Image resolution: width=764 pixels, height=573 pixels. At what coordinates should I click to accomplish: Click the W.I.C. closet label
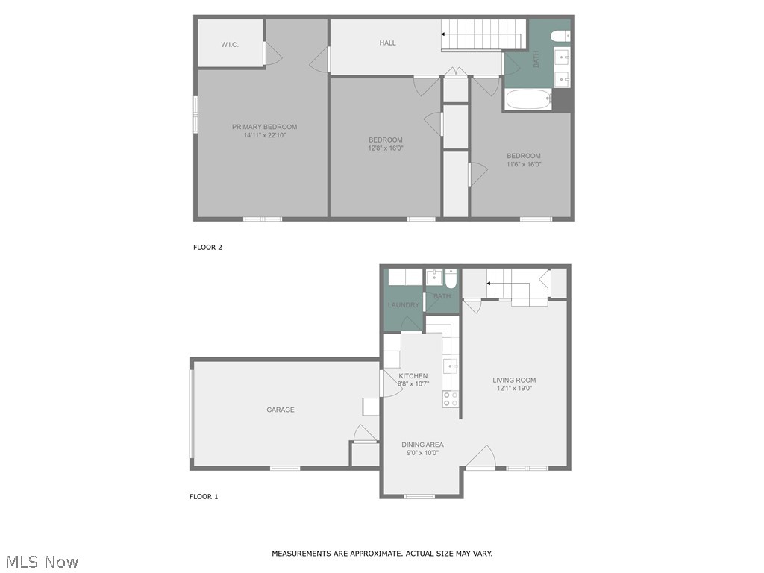pos(229,45)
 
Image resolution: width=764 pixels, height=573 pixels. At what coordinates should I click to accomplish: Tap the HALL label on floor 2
pos(387,43)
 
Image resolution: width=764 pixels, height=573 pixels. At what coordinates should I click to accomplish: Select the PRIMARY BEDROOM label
pos(264,127)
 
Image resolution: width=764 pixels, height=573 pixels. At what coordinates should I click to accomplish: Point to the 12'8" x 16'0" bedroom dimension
pos(385,148)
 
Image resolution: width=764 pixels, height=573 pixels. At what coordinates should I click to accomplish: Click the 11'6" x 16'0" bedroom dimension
pos(523,164)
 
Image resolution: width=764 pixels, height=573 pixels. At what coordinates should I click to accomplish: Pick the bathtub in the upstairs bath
pos(527,98)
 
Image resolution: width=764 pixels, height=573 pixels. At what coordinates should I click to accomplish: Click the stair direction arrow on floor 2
pos(445,34)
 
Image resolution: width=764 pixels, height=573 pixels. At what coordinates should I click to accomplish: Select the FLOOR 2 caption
pos(207,248)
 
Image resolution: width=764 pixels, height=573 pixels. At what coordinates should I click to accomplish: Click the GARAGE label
pos(281,410)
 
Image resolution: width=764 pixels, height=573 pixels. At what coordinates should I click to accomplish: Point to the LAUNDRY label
pos(403,305)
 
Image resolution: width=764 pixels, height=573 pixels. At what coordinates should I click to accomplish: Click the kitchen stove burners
pos(450,398)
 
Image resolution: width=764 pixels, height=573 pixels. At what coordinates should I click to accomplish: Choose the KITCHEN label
pos(413,376)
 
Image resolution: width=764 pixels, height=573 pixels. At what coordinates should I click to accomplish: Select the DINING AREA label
pos(422,445)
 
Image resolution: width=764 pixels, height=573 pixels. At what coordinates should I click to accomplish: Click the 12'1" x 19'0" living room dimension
pos(514,388)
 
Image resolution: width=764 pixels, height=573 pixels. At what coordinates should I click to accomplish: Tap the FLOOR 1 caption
pos(204,497)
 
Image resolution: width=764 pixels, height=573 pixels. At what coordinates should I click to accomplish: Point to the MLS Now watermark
pos(41,562)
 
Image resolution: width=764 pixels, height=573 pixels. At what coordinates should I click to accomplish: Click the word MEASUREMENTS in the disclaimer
pos(301,554)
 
